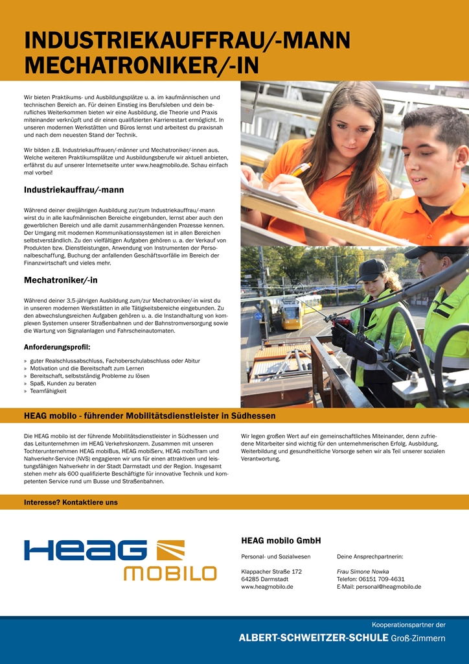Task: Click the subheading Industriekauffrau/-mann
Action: point(74,190)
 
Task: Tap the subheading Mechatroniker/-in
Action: point(61,280)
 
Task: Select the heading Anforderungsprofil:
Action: point(57,347)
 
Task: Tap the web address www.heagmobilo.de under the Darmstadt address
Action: point(267,587)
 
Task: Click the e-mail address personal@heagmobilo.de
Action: point(379,587)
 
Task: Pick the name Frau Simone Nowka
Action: point(363,571)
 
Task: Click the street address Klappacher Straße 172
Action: point(271,571)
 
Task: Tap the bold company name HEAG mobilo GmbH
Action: point(281,540)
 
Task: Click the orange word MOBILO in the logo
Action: point(170,573)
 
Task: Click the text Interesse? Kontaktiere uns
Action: point(71,502)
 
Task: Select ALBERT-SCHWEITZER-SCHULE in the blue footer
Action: point(313,639)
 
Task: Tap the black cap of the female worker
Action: point(372,267)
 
